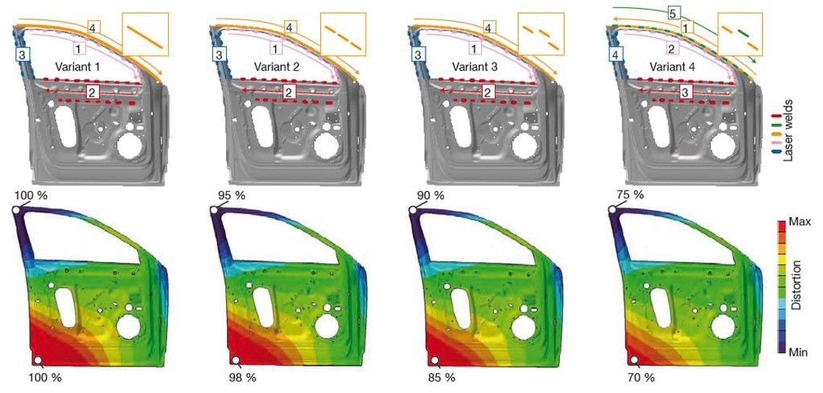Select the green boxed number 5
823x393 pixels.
point(671,13)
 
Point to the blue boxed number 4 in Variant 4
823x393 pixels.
point(615,54)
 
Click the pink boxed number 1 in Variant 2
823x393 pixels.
point(277,48)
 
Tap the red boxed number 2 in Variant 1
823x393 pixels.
point(92,92)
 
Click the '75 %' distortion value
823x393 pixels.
point(631,195)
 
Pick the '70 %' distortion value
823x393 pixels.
point(641,377)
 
